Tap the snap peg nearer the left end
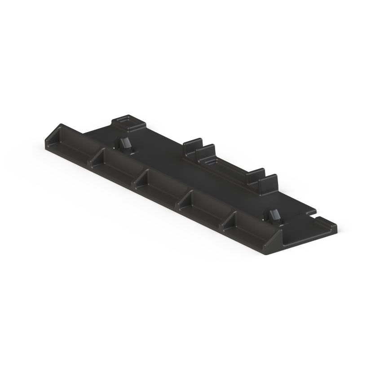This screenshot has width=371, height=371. (124, 144)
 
